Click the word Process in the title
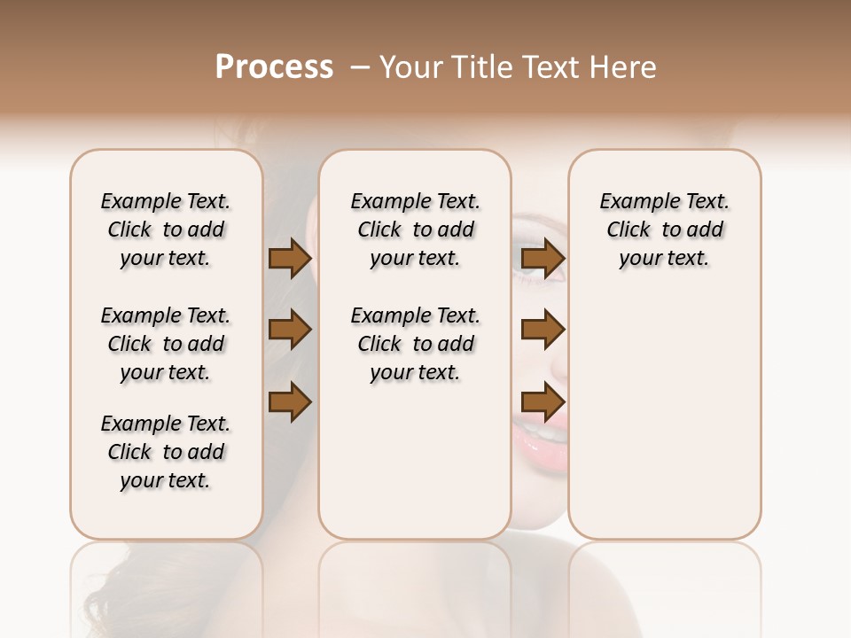[274, 67]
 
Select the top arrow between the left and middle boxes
[289, 259]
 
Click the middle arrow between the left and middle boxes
[289, 330]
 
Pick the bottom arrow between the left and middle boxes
[289, 401]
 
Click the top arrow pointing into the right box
[543, 259]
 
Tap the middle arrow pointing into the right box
[543, 330]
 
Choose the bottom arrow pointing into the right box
[543, 401]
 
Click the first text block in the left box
[166, 230]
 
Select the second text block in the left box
[166, 344]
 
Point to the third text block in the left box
[166, 452]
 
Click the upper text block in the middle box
[415, 230]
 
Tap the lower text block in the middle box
[415, 344]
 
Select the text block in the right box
[664, 230]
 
